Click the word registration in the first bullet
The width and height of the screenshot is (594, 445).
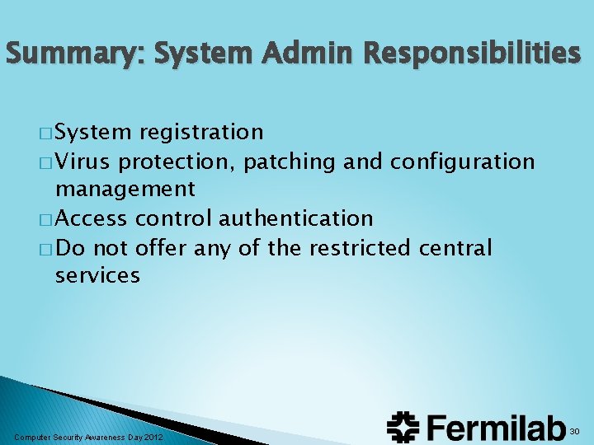pos(201,132)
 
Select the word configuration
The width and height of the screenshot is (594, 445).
pos(462,162)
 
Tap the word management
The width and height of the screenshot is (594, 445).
pos(125,190)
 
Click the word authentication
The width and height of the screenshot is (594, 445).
pos(295,218)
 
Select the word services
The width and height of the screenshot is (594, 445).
pos(97,275)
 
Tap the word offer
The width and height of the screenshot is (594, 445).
pos(155,247)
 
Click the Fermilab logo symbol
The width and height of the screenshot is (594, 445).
pos(403,426)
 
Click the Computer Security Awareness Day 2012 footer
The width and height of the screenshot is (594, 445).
pos(89,436)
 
